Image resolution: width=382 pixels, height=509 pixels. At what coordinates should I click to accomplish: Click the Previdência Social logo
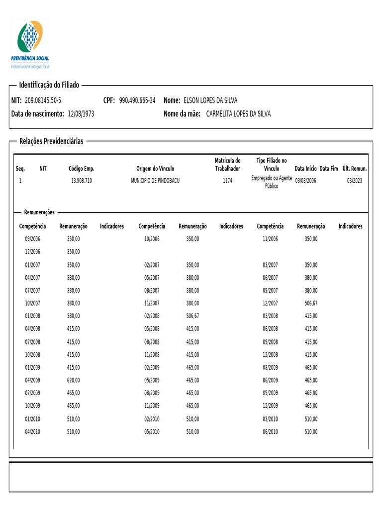click(30, 44)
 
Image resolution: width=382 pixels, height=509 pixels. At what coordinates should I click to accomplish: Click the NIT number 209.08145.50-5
click(43, 100)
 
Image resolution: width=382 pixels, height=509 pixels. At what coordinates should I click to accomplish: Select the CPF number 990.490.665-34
click(137, 100)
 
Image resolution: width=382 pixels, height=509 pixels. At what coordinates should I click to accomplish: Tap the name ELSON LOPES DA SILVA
click(210, 100)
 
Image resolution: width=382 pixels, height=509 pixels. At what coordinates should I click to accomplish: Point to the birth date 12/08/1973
click(81, 114)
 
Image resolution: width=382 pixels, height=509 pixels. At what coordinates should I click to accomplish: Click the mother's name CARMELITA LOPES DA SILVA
click(238, 114)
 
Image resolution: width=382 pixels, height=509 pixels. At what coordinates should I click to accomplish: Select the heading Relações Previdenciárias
click(51, 141)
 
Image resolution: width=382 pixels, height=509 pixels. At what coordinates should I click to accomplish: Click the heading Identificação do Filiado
click(49, 85)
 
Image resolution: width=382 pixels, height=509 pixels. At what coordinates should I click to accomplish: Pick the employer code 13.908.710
click(82, 180)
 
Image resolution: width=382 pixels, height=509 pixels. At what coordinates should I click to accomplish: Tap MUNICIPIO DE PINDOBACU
click(155, 180)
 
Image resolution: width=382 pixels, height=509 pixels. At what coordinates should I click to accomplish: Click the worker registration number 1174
click(227, 180)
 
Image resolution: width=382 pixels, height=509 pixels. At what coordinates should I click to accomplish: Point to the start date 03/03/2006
click(305, 180)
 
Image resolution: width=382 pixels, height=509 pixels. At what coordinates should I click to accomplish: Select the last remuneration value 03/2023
click(355, 180)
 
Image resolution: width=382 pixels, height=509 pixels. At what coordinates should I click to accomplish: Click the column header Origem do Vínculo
click(155, 169)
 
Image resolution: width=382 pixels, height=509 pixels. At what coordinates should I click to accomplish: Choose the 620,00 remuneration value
click(73, 380)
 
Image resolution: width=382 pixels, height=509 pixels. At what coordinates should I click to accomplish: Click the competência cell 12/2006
click(33, 252)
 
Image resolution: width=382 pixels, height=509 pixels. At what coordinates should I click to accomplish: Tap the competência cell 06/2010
click(270, 432)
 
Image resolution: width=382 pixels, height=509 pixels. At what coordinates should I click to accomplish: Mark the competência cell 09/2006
click(33, 239)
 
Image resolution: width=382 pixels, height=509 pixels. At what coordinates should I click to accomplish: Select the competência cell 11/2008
click(152, 354)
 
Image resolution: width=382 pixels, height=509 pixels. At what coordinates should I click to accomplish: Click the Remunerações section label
click(39, 212)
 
